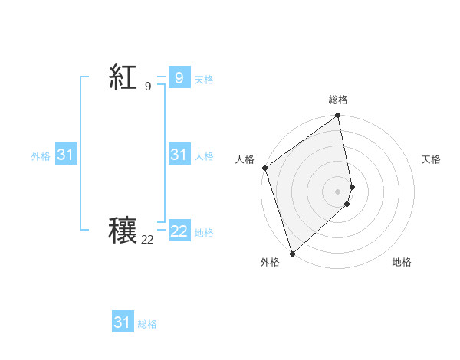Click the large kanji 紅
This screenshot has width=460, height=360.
[x=123, y=77]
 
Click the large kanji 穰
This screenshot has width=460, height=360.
[x=123, y=231]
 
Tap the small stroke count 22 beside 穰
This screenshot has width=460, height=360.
[x=147, y=240]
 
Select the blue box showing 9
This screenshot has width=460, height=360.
[x=179, y=77]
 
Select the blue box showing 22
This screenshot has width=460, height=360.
[x=179, y=231]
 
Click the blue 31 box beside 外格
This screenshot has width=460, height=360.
[x=65, y=155]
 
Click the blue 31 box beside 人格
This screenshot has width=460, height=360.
[x=179, y=155]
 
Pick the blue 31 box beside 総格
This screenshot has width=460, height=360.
[x=122, y=322]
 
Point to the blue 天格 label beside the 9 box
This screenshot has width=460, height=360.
[x=204, y=79]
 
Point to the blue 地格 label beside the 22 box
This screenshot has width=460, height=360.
[x=204, y=232]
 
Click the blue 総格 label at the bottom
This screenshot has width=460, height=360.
[x=147, y=324]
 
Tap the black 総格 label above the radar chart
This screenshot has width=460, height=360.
[x=338, y=100]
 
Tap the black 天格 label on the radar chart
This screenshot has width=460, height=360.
[x=431, y=159]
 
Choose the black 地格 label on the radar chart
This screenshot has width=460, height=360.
[x=402, y=262]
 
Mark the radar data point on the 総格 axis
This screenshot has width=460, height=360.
[x=338, y=116]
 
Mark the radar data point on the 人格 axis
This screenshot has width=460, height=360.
[x=264, y=168]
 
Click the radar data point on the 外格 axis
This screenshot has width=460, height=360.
[x=292, y=254]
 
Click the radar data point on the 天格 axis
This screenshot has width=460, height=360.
[x=352, y=187]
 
